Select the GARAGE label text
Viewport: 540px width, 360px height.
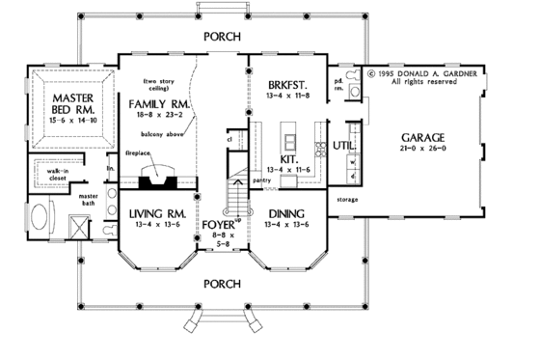click(x=425, y=138)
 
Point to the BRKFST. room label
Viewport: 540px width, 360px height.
click(x=288, y=86)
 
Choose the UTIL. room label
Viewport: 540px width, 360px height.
click(x=344, y=146)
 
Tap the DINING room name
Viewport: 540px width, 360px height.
click(x=287, y=214)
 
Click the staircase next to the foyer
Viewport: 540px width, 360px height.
click(x=235, y=198)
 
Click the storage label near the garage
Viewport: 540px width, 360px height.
click(x=348, y=199)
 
